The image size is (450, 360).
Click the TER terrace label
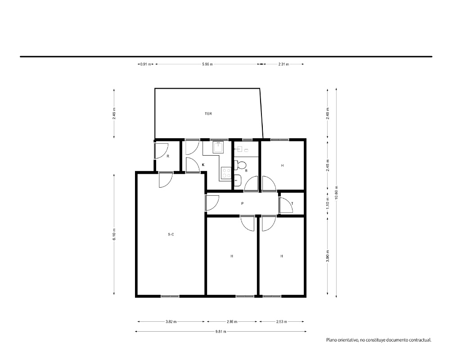[x=208, y=114]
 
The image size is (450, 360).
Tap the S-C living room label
[x=171, y=234]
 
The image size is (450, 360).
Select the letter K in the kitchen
[x=203, y=165]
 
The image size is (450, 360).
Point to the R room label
[x=168, y=157]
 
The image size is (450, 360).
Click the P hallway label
[x=243, y=203]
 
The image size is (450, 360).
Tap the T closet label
[x=292, y=203]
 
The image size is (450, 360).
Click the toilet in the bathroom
[x=240, y=165]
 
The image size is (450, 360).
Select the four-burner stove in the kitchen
[x=226, y=173]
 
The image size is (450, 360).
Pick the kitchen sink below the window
[x=218, y=148]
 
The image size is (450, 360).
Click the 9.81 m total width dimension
[x=220, y=332]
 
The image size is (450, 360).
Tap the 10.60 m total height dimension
[x=336, y=193]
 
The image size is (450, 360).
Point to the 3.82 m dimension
[x=171, y=322]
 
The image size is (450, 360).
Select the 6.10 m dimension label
[x=114, y=234]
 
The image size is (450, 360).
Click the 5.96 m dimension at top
[x=207, y=64]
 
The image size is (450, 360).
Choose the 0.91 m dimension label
[x=145, y=64]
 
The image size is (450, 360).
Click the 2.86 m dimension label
[x=232, y=322]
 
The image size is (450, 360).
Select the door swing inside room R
[x=161, y=150]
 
